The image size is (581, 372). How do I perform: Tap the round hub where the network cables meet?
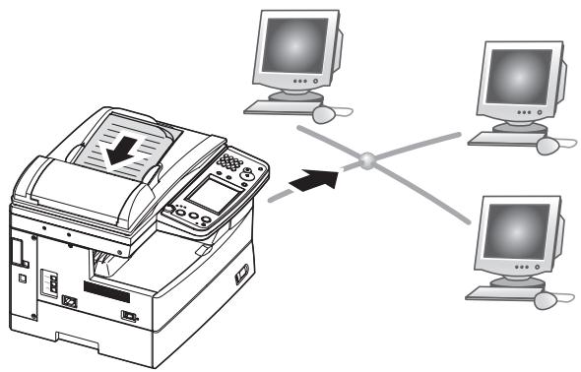[x=365, y=157]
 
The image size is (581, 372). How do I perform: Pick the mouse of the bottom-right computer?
[x=547, y=297]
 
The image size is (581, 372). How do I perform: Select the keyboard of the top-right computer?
[x=499, y=139]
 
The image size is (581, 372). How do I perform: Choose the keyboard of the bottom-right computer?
[x=500, y=292]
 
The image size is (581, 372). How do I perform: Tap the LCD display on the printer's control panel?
[x=209, y=194]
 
